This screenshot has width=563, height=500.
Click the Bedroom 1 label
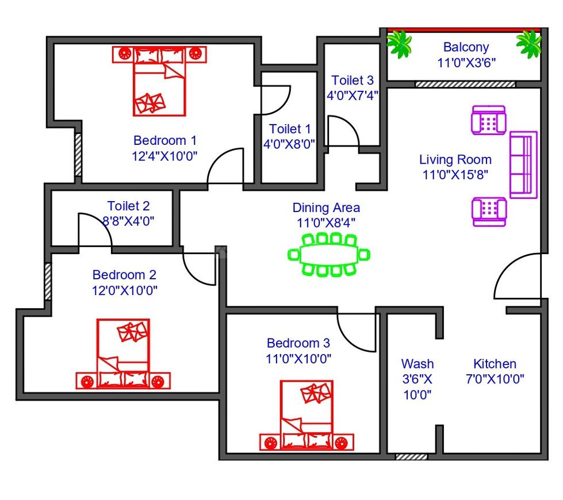pos(165,140)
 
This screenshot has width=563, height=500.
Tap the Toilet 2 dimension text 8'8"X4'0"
pos(128,221)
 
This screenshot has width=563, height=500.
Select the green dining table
pos(328,255)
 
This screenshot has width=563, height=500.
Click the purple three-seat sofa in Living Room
pos(523,165)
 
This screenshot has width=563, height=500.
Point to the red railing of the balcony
pos(464,30)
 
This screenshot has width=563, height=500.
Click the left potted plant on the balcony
pos(399,44)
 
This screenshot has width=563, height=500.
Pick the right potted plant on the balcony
pos(529,44)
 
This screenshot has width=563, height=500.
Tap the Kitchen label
pos(495,364)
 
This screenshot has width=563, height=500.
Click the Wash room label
pos(418,364)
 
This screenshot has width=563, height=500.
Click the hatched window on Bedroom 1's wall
pos(78,155)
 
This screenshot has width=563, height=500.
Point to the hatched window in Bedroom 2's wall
pos(48,282)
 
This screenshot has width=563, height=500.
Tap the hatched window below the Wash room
pos(412,456)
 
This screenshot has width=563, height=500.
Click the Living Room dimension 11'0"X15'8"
pos(455,175)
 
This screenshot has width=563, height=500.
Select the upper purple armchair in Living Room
pos(489,120)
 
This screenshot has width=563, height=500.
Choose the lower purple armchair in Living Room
pos(489,211)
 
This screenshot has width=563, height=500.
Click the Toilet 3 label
pos(352,80)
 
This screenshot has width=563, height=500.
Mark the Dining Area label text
pos(326,207)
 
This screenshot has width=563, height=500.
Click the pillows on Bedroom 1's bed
pos(150,103)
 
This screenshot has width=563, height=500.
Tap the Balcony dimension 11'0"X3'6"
pos(466,63)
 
